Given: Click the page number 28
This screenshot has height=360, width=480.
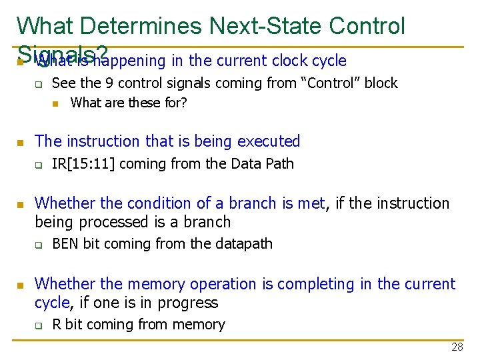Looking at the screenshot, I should pyautogui.click(x=457, y=347).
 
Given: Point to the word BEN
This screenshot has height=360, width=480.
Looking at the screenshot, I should pyautogui.click(x=65, y=244).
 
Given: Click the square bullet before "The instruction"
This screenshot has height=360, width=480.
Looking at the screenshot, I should pyautogui.click(x=20, y=143).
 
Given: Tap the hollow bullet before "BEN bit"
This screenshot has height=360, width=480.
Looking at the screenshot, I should pyautogui.click(x=39, y=245).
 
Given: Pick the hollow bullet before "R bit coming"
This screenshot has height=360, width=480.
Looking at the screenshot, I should pyautogui.click(x=39, y=325).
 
